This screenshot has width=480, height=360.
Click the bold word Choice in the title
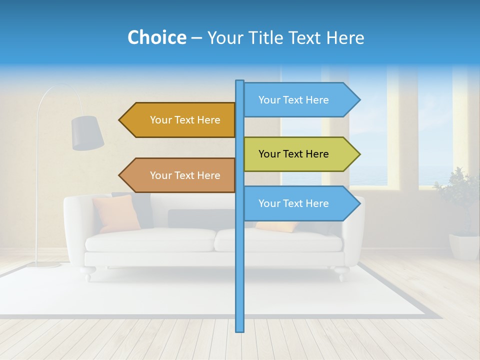(156, 37)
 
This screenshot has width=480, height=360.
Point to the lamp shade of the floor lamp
(87, 132)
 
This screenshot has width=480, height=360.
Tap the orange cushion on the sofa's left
(116, 213)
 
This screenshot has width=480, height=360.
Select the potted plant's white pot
(464, 247)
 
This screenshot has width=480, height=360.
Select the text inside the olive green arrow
(293, 154)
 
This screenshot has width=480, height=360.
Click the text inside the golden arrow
(185, 120)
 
